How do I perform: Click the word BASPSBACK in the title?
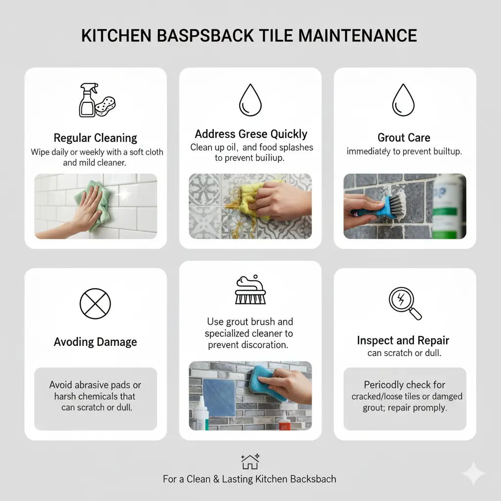click(205, 35)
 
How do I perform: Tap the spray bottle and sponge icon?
click(97, 100)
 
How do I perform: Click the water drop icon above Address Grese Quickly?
click(250, 100)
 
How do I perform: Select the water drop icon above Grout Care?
click(403, 100)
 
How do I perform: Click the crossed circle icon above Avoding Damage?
click(95, 303)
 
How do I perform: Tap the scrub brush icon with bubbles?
click(250, 290)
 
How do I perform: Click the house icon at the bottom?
click(250, 462)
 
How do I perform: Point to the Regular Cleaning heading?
click(95, 138)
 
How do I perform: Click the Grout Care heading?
click(404, 137)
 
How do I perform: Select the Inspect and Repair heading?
click(403, 341)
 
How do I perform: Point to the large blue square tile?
click(220, 397)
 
